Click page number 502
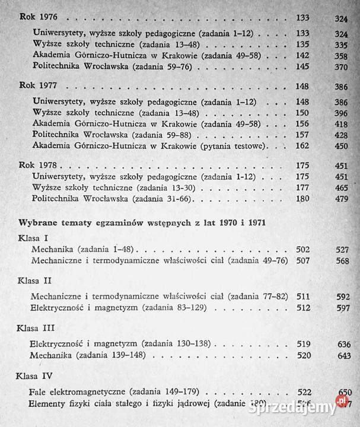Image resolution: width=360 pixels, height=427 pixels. (304, 250)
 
